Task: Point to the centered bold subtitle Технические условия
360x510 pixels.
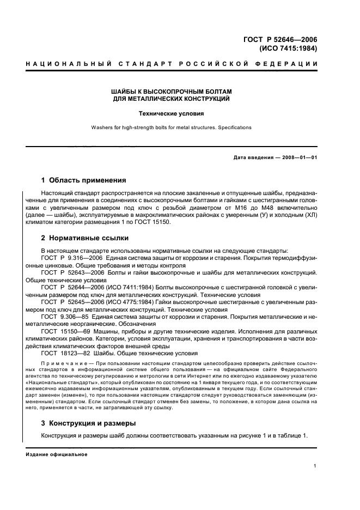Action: coord(170,114)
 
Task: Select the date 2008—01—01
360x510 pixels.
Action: coord(300,158)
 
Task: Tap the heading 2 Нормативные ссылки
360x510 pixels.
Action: coord(85,238)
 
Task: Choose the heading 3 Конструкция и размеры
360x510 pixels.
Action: coord(89,423)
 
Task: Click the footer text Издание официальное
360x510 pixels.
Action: coord(57,454)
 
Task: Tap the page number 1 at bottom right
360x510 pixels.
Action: coord(315,466)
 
